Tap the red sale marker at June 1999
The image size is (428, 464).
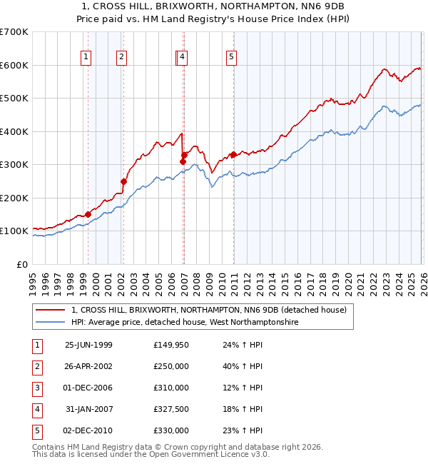(x=88, y=214)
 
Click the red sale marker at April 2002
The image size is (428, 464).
(x=123, y=181)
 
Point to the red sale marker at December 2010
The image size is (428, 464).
(x=233, y=154)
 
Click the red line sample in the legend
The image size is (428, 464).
(x=50, y=310)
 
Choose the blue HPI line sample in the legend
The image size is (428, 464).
(x=50, y=322)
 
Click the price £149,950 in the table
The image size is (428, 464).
(x=171, y=345)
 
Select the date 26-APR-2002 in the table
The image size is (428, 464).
(x=88, y=366)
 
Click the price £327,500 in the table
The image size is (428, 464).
(x=171, y=409)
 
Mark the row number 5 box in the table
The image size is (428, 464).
(x=36, y=430)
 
